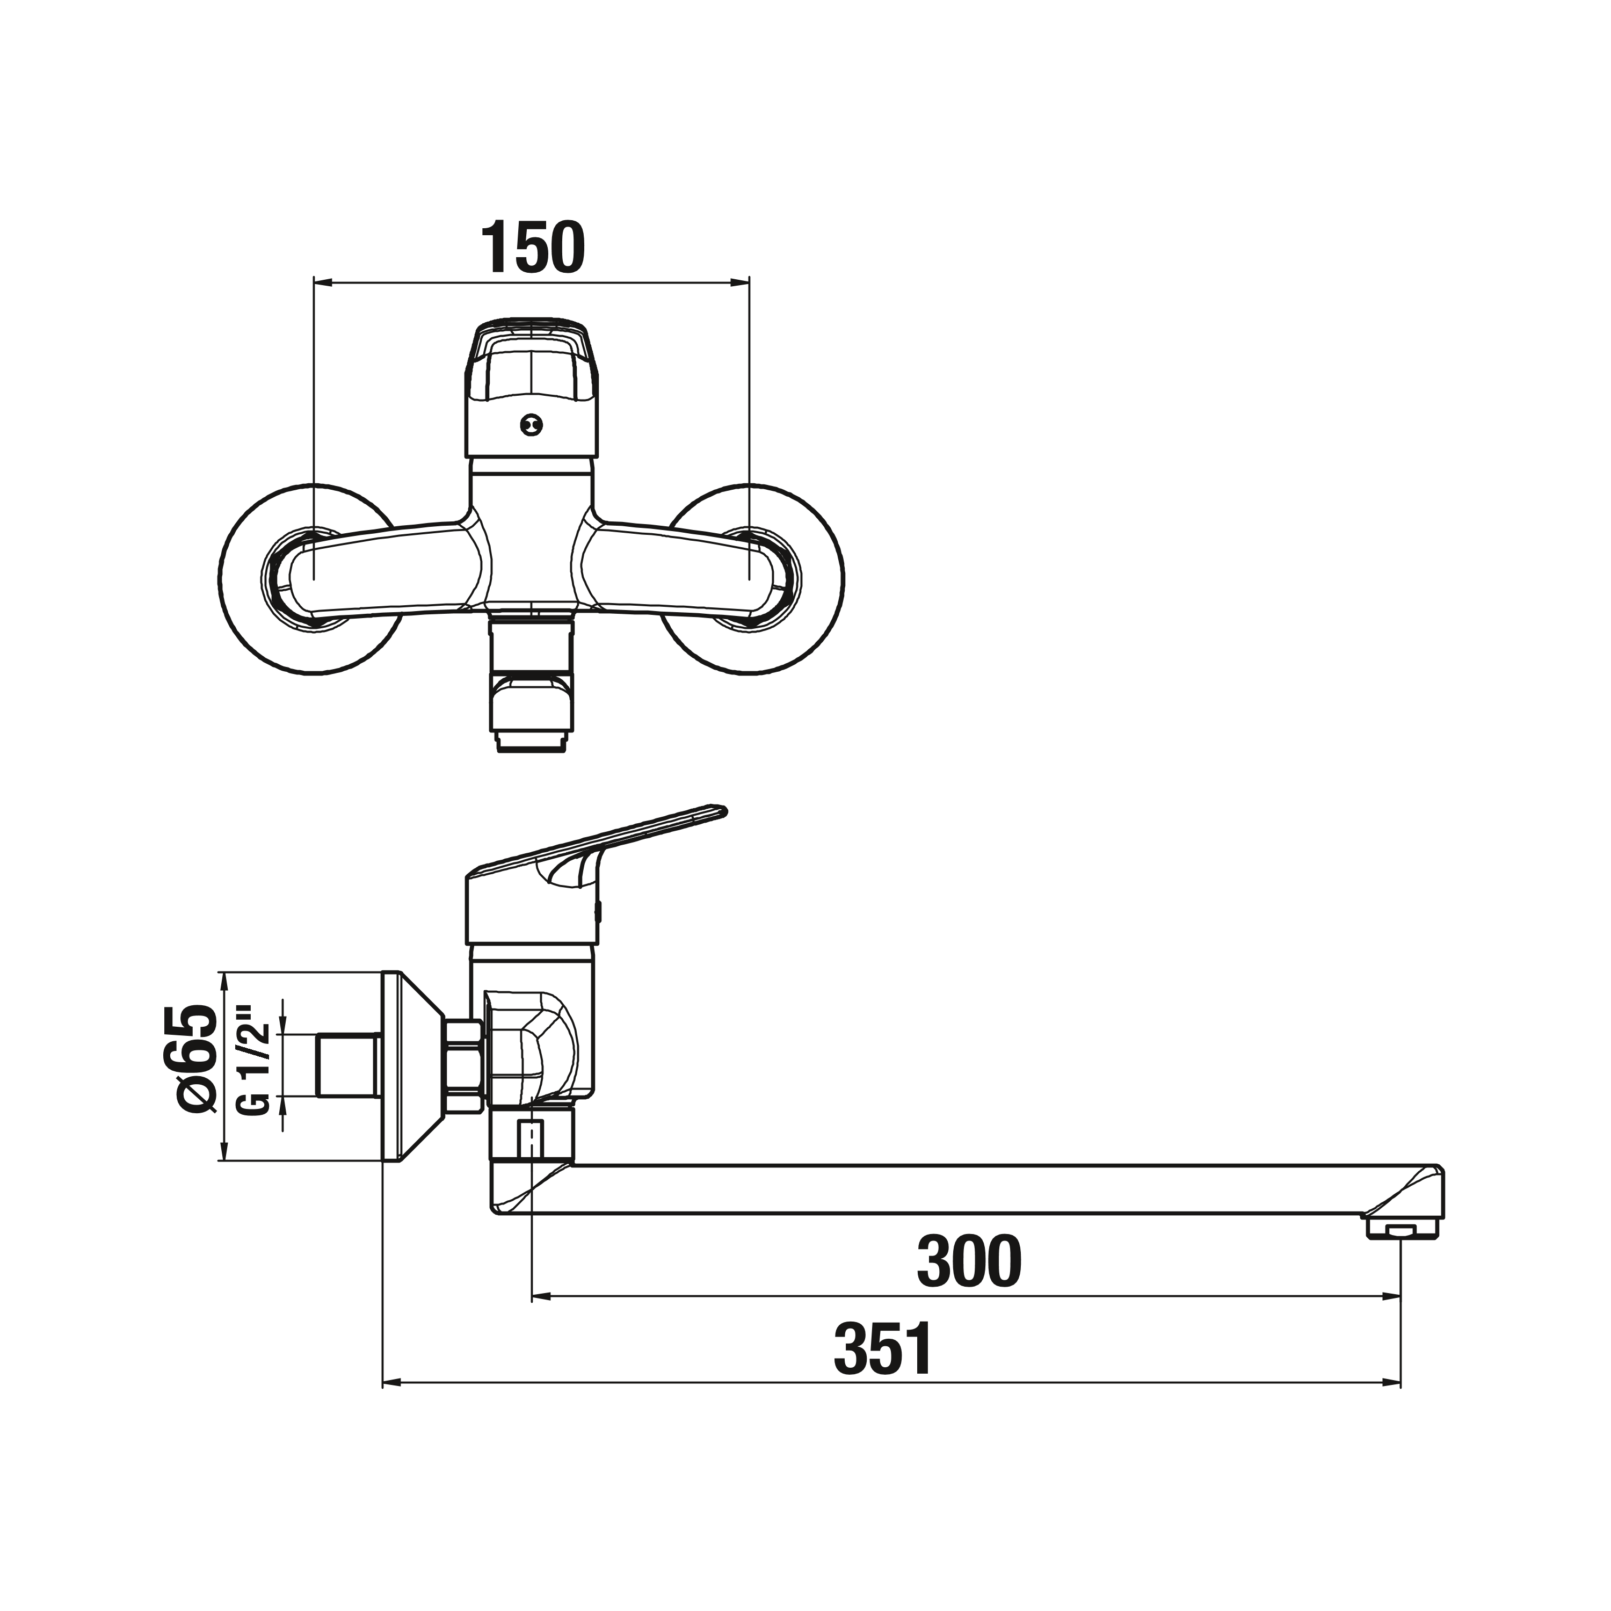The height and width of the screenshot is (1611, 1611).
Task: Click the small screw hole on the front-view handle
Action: (x=531, y=425)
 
